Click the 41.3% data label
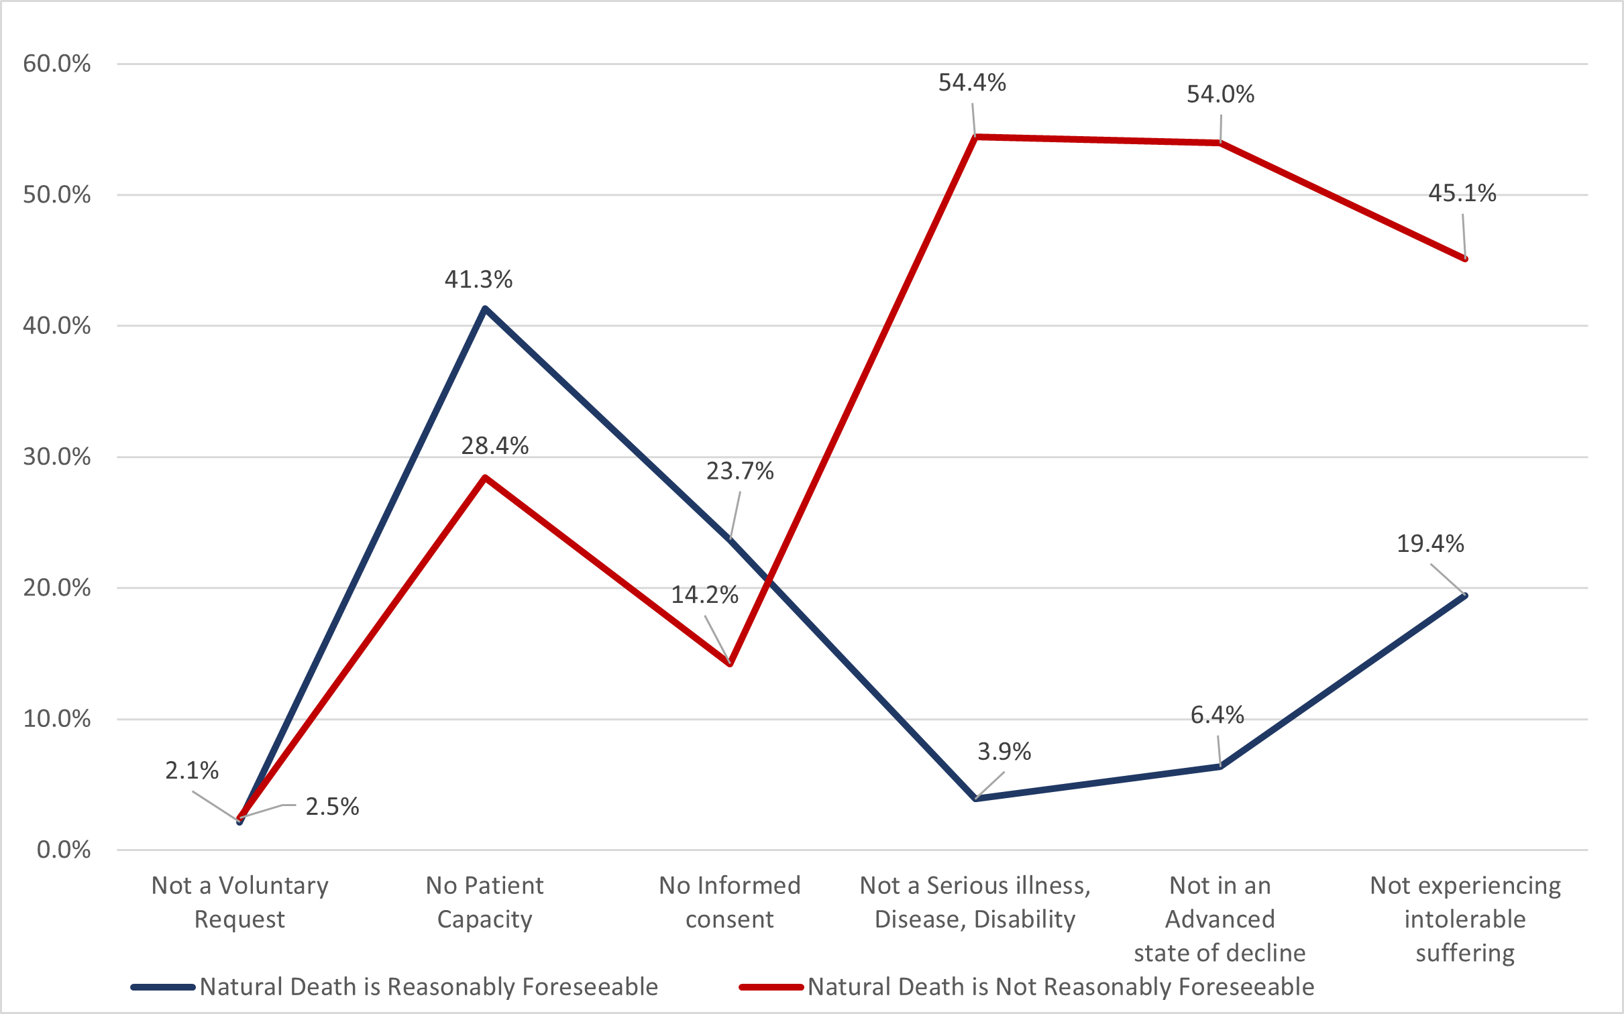coord(478,279)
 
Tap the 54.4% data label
coord(972,82)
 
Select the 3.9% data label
coord(1004,751)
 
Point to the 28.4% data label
coord(495,445)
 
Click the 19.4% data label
coord(1430,543)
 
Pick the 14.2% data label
coord(705,594)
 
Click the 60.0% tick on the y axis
coord(57,64)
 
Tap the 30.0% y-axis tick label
coord(57,457)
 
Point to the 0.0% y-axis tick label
coord(64,850)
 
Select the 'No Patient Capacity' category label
coord(484,902)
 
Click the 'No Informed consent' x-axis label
coord(730,902)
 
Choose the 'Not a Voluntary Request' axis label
coord(240,902)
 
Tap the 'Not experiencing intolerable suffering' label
coord(1465,919)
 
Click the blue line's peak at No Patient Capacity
coord(485,308)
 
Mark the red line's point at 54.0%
coord(1220,142)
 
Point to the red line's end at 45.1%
coord(1465,259)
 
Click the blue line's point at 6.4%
coord(1220,766)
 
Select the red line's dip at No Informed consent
coord(730,664)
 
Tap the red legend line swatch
coord(771,987)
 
